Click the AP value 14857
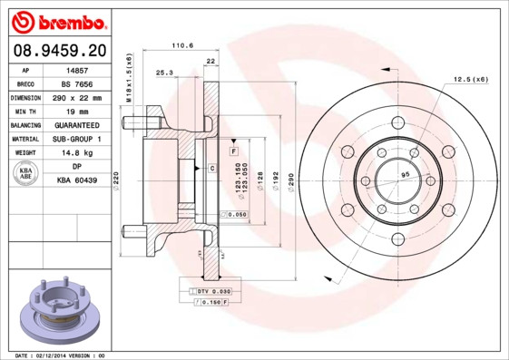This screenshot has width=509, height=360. (x=76, y=69)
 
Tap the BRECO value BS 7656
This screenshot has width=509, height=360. (x=76, y=83)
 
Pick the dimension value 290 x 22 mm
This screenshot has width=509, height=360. (x=76, y=97)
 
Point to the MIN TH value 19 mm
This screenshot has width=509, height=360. (x=76, y=111)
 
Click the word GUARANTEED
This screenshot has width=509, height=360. (x=76, y=125)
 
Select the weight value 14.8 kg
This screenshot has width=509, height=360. (x=76, y=153)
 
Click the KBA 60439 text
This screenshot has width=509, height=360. (x=76, y=181)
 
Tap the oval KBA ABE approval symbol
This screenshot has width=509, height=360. (x=26, y=174)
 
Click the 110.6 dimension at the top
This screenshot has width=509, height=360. (x=183, y=45)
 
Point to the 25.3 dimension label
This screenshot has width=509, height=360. (x=164, y=73)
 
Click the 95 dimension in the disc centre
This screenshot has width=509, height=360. (x=406, y=173)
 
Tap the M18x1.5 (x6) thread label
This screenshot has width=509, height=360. (x=130, y=81)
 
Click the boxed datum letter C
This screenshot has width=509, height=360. (x=211, y=169)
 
